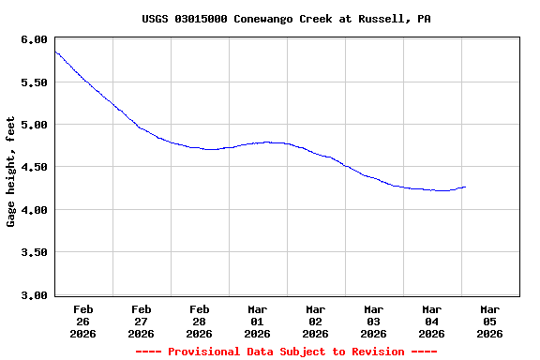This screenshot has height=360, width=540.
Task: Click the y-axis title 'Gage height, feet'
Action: coord(11,172)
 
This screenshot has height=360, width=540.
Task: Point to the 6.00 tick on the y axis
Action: coord(34,39)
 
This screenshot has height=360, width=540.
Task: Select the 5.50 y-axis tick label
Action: coord(34,82)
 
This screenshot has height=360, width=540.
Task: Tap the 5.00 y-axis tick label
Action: coord(34,125)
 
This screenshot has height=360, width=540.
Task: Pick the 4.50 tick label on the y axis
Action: coord(34,168)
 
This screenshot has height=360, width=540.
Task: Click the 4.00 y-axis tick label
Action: coord(34,210)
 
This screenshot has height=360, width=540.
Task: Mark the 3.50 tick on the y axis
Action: coord(34,253)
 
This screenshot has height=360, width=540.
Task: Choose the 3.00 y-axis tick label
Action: coord(34,295)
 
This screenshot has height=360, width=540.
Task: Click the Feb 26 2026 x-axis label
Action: coord(83,321)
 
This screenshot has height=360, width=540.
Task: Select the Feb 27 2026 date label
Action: coord(142,321)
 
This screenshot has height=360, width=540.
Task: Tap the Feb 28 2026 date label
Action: coord(200,321)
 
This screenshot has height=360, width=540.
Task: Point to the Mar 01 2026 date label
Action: coord(258,321)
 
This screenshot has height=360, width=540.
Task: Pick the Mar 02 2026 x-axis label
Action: coord(316,321)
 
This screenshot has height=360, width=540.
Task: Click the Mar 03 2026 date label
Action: coord(374,321)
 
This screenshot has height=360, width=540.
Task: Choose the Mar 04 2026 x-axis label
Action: coord(432,321)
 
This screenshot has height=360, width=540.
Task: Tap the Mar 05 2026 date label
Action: coord(490,321)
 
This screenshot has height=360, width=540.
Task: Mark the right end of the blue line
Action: coord(465,187)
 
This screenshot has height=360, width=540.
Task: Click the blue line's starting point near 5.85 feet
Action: coord(55,52)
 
